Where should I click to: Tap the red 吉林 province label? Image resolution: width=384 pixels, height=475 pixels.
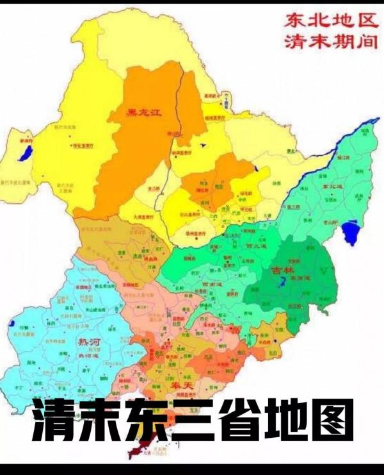[282, 270]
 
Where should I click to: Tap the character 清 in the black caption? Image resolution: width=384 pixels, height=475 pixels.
[53, 419]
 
